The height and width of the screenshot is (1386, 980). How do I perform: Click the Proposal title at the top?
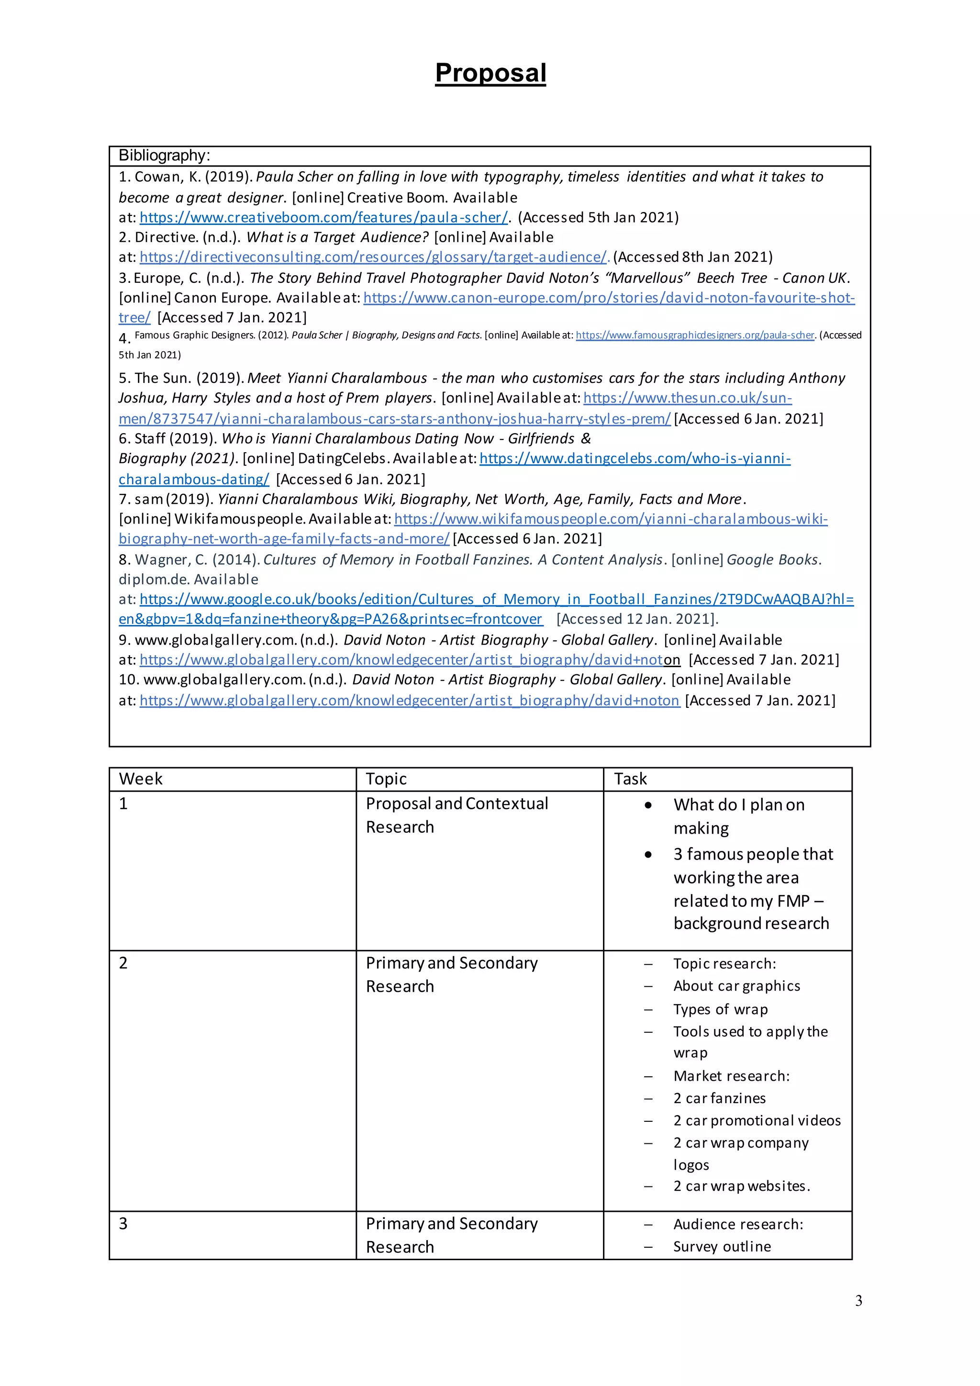point(490,73)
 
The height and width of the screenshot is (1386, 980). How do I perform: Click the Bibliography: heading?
point(164,156)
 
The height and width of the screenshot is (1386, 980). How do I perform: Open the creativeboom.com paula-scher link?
point(324,217)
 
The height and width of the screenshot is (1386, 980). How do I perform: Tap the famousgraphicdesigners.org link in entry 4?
point(695,335)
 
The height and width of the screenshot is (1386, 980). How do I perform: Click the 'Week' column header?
point(141,779)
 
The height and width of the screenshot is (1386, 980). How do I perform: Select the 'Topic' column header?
point(386,779)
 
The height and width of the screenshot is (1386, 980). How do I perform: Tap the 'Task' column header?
point(630,779)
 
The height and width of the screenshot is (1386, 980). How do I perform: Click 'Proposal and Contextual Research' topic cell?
point(457,815)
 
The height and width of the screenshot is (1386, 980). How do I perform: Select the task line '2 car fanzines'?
point(719,1098)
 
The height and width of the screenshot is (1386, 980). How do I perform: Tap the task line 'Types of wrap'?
point(721,1009)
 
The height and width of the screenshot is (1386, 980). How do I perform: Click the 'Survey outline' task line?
point(722,1247)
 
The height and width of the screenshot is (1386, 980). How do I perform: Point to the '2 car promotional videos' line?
point(757,1120)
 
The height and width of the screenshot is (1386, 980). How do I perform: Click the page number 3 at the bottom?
point(858,1301)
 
